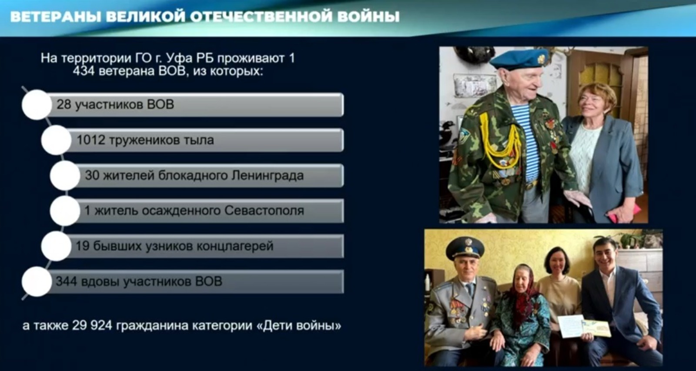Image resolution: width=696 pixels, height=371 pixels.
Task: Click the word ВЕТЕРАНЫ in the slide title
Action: tap(55, 17)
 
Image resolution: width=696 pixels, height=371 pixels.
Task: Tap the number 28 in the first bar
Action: tap(64, 104)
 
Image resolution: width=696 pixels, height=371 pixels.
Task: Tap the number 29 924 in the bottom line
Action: tap(92, 325)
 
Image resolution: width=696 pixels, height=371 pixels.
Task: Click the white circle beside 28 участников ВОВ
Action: tap(37, 105)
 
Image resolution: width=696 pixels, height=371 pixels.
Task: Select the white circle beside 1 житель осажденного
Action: tap(65, 211)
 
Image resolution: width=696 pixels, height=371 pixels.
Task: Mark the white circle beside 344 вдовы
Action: tap(37, 281)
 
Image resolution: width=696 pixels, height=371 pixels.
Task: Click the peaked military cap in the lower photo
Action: tap(465, 247)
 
